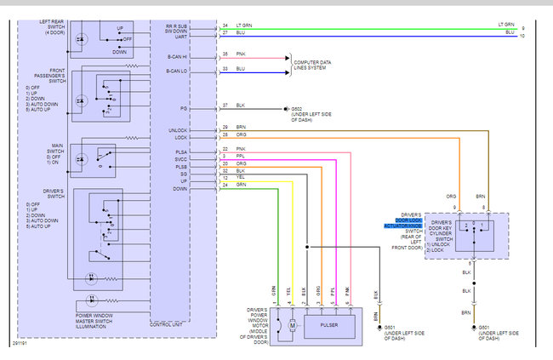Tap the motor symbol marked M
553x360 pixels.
pos(292,324)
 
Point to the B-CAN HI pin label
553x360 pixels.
pos(177,57)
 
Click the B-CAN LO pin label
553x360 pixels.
pos(177,71)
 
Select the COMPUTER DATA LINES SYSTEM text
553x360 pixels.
pos(316,65)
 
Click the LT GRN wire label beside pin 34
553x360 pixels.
pos(244,26)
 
